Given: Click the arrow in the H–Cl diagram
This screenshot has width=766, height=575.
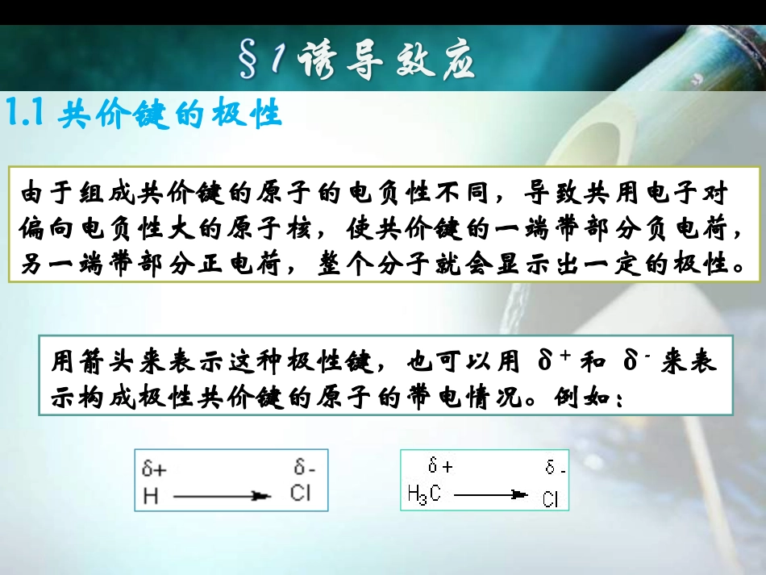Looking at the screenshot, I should pos(223,496).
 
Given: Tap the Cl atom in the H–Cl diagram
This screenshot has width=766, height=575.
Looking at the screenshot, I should pos(300,493).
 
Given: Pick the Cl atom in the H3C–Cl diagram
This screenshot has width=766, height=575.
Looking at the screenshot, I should pos(550,500).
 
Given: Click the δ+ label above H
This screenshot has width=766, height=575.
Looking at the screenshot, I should pos(154,468).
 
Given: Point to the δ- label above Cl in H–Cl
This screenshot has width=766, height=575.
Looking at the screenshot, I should pos(304,467).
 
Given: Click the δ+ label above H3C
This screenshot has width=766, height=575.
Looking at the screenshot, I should pos(440,466).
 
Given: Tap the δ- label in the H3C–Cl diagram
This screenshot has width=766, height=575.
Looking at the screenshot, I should pos(555,468).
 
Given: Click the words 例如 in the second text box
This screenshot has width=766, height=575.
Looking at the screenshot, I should pos(585,398).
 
